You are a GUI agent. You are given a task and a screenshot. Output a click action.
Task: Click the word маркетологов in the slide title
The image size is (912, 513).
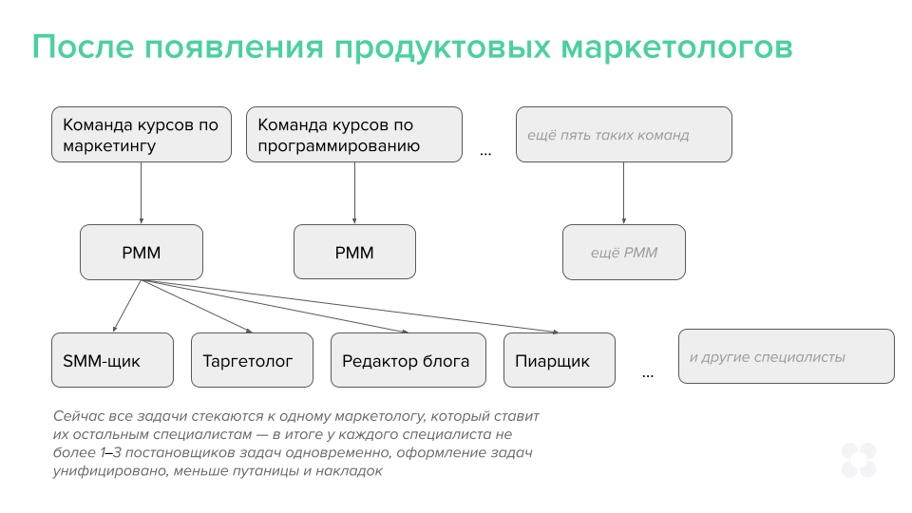(676, 47)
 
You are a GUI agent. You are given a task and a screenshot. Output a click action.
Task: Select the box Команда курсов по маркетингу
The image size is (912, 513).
(141, 135)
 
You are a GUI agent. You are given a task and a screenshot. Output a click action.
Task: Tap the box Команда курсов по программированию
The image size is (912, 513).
(354, 135)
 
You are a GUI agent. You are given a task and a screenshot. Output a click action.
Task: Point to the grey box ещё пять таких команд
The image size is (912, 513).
(623, 135)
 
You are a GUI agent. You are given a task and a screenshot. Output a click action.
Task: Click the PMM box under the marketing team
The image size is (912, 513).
(141, 253)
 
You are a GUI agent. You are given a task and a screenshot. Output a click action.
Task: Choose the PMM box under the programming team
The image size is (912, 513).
(354, 253)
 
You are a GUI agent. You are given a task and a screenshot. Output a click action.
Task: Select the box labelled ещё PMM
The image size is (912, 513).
(623, 253)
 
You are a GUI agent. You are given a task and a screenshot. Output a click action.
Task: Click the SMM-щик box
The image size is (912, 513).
(112, 360)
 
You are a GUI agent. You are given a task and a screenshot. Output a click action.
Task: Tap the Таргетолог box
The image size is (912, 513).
(252, 360)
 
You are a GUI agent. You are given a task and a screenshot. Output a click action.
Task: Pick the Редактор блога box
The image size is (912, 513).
(408, 360)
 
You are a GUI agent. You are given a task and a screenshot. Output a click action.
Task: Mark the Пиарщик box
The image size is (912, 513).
(559, 360)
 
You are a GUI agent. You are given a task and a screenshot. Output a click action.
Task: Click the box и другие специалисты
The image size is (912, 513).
(786, 356)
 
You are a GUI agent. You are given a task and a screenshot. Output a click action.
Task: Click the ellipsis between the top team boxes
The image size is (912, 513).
(485, 152)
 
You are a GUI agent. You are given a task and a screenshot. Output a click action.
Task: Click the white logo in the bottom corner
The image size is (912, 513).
(859, 460)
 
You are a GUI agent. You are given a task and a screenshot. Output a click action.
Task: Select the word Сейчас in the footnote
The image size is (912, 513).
(80, 416)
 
